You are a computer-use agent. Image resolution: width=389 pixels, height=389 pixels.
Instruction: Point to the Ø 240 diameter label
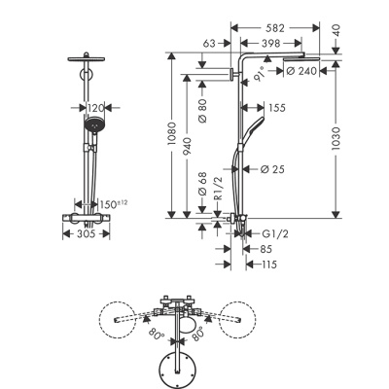pos(309,71)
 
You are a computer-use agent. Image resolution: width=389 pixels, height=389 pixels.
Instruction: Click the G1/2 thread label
pos(276,233)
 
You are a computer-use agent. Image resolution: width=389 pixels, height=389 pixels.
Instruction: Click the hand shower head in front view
pos(93,126)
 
